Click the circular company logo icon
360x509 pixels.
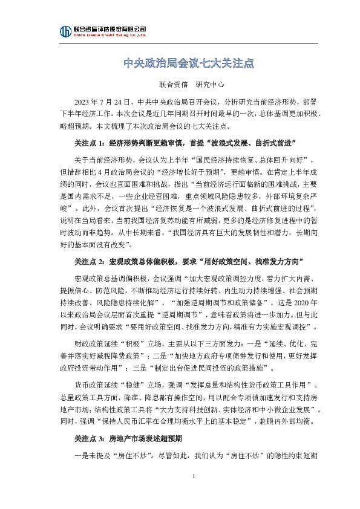(x=65, y=32)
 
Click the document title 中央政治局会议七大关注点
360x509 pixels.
(x=180, y=63)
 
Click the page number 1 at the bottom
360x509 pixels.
(x=193, y=494)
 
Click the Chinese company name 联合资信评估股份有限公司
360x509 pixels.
(x=109, y=28)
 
